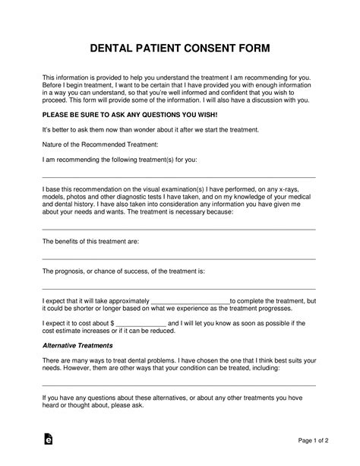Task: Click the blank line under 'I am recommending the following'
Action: [178, 176]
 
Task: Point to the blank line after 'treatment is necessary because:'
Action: [178, 228]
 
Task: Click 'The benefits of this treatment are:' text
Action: [90, 241]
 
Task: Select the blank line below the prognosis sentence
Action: [178, 289]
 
